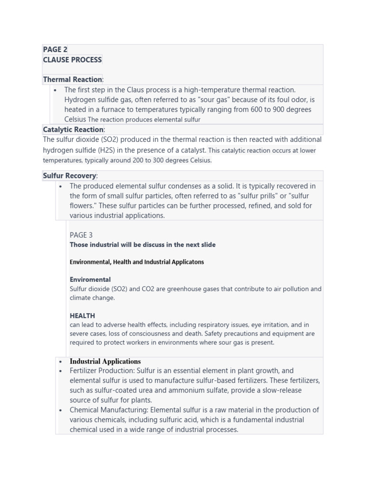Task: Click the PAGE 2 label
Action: pyautogui.click(x=55, y=49)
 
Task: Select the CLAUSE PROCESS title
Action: pyautogui.click(x=72, y=60)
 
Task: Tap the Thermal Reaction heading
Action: pyautogui.click(x=72, y=79)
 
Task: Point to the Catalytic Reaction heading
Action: pyautogui.click(x=73, y=130)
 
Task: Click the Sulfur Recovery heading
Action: pyautogui.click(x=69, y=176)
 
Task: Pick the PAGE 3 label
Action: pyautogui.click(x=81, y=235)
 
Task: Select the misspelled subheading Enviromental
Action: pyautogui.click(x=90, y=280)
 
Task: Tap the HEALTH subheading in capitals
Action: pyautogui.click(x=82, y=316)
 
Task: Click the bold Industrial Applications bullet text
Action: pyautogui.click(x=105, y=361)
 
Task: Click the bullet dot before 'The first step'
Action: pyautogui.click(x=56, y=90)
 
